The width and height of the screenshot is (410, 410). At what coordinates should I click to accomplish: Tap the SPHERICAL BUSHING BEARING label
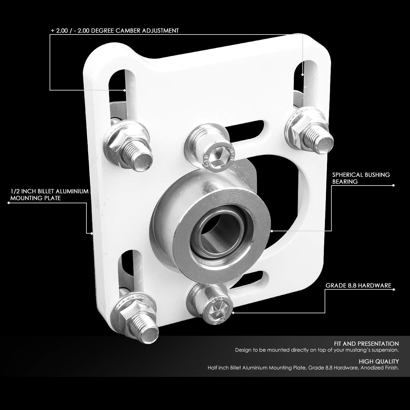pyautogui.click(x=361, y=178)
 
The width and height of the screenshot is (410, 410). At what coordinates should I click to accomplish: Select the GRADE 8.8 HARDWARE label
pyautogui.click(x=358, y=285)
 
